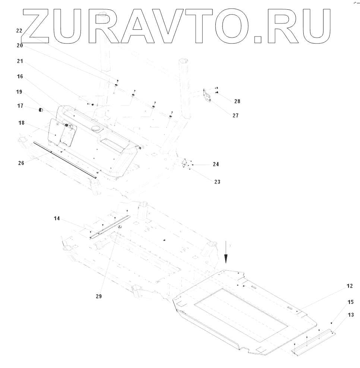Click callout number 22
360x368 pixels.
coord(19,31)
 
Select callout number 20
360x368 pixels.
coord(19,45)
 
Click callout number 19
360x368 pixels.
coord(19,92)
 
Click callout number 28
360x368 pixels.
coord(237,101)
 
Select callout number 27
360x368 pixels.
coord(235,115)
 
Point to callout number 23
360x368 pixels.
coord(217,182)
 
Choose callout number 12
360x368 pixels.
coord(350,286)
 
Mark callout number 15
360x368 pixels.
coord(351,302)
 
